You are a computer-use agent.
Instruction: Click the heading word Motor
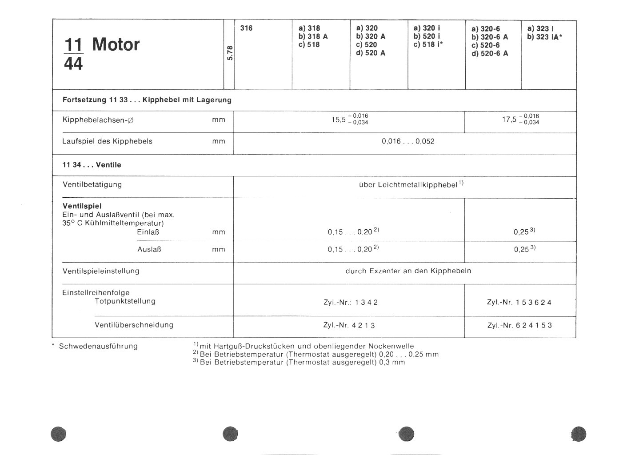pos(116,45)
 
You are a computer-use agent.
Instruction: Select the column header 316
pos(246,28)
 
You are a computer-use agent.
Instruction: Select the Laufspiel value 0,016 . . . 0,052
pos(407,142)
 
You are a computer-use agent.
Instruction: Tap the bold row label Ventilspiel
pos(82,206)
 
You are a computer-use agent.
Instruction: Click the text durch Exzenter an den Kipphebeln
pos(408,271)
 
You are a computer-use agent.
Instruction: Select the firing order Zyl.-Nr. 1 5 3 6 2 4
pos(519,302)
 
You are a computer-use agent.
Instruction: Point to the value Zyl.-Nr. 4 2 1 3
pos(349,325)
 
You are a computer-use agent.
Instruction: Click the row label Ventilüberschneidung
pos(134,325)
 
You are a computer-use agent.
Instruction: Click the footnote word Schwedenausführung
pos(98,346)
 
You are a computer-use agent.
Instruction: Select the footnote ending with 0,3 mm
pos(299,362)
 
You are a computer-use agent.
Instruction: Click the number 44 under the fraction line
pos(73,64)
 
